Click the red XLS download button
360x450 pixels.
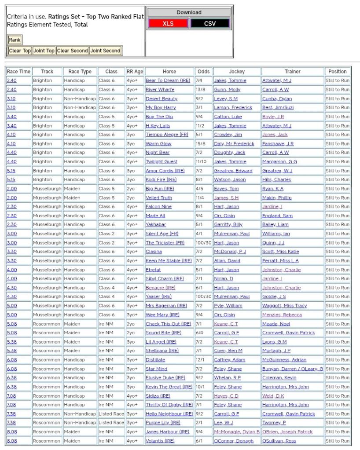pos(168,23)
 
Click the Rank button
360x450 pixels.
pos(15,40)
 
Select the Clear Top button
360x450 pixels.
pos(20,51)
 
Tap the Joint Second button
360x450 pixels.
pos(105,51)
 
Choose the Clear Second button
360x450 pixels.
pos(73,51)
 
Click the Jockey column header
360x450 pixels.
pos(237,71)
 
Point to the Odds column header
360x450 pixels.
pos(203,71)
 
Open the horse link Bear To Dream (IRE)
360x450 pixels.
pos(162,80)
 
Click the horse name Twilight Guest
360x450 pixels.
pos(162,161)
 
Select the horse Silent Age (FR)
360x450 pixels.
pos(162,234)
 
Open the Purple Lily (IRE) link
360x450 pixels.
pos(163,423)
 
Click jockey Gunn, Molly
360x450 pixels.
pos(227,90)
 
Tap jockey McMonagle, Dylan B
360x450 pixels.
pos(237,432)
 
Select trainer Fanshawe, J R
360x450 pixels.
pos(278,143)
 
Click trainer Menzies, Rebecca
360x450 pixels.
pos(282,315)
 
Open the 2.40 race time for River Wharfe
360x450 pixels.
pos(11,90)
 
